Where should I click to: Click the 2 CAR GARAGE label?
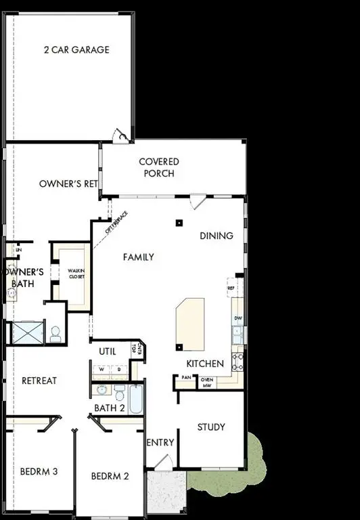tap(76, 49)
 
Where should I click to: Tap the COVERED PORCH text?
tap(159, 167)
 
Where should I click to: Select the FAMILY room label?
tap(138, 257)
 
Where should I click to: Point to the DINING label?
tap(217, 236)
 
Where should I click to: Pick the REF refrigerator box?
tap(231, 288)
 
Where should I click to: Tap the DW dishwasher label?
tap(238, 318)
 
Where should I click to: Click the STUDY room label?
tap(210, 427)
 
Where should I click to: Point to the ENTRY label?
tap(160, 442)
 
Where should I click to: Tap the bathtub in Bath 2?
tap(135, 400)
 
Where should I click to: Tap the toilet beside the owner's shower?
tap(55, 333)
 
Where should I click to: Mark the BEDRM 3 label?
tap(37, 471)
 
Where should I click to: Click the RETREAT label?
tap(39, 381)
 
